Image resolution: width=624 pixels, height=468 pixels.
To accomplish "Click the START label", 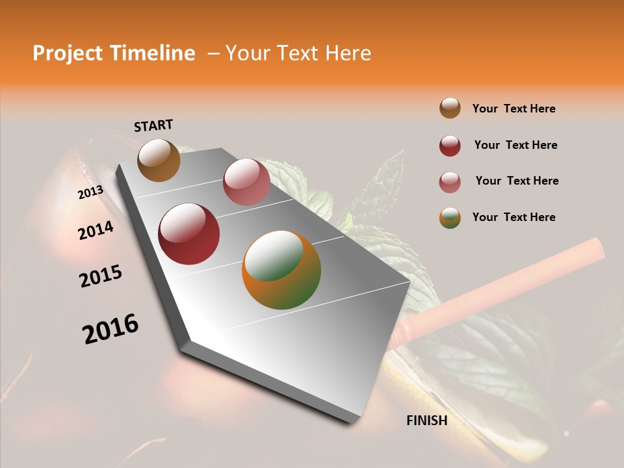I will tap(153, 125).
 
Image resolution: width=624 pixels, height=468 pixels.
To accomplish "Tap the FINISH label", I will tap(427, 421).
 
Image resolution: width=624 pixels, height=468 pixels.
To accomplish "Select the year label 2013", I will tap(90, 192).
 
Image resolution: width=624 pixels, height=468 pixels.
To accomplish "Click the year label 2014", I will tap(96, 230).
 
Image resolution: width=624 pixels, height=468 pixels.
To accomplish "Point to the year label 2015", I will tap(101, 276).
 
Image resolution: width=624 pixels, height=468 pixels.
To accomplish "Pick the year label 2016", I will tap(110, 329).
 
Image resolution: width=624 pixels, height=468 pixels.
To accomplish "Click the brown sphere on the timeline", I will tap(159, 160).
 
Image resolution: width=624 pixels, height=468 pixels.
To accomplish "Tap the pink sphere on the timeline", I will tap(246, 181).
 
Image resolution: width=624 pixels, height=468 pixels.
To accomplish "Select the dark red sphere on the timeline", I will tap(188, 234).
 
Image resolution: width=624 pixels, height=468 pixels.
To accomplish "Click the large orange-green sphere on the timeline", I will tap(281, 270).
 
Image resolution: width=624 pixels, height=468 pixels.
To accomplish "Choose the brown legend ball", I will tap(450, 108).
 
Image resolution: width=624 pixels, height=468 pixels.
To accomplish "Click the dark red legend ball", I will tap(450, 146).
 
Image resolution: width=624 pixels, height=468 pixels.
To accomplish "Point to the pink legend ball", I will tap(450, 182).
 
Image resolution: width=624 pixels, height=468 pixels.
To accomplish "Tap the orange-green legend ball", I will tap(450, 218).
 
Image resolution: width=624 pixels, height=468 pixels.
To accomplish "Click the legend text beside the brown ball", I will tap(513, 109).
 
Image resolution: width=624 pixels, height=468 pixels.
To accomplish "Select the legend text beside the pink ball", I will tap(517, 181).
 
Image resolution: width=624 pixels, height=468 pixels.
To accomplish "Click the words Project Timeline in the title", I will tap(114, 53).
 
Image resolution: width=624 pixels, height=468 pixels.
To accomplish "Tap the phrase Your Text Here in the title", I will tap(298, 53).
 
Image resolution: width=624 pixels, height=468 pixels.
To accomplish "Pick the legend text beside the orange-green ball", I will tap(513, 217).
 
